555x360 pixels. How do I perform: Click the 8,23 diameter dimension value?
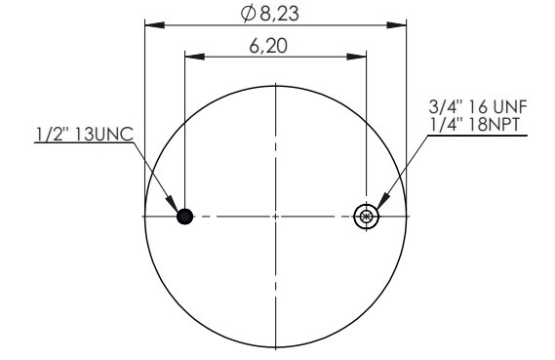(279, 14)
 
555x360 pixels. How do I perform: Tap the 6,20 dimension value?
(268, 46)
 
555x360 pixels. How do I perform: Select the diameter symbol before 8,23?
(248, 14)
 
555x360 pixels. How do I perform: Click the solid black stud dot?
(184, 217)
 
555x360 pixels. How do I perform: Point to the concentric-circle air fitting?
(366, 217)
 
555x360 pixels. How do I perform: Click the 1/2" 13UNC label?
(84, 134)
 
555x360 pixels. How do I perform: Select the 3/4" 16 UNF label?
(478, 106)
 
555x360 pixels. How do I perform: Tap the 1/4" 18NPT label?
(474, 124)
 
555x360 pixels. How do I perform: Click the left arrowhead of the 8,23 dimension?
(155, 25)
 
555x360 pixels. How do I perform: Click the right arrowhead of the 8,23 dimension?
(396, 25)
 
